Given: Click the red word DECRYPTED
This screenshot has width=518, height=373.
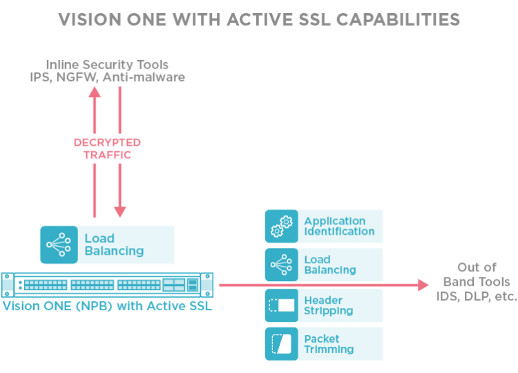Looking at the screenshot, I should (107, 142).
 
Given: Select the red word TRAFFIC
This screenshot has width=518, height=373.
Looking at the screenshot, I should (107, 155).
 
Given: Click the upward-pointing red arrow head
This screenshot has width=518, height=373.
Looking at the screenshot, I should (95, 93).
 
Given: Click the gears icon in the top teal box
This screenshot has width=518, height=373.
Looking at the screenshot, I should (282, 226).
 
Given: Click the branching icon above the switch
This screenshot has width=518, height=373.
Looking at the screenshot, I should (58, 244).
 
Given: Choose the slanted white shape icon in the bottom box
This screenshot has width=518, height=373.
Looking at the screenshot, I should (282, 343).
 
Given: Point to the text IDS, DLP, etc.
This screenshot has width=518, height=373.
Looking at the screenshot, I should (477, 297).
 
